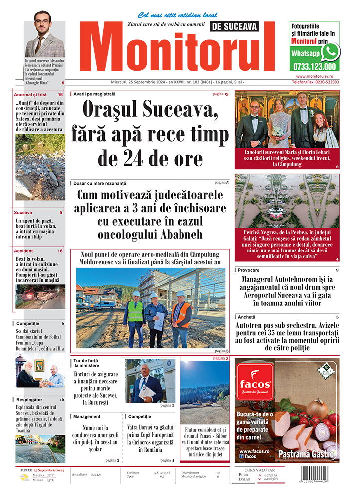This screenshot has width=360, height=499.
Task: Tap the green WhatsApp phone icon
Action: point(330,51)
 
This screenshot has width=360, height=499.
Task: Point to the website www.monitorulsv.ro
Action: point(314,76)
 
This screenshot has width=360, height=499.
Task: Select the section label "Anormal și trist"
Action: point(31,94)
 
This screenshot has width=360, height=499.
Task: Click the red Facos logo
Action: point(254,382)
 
